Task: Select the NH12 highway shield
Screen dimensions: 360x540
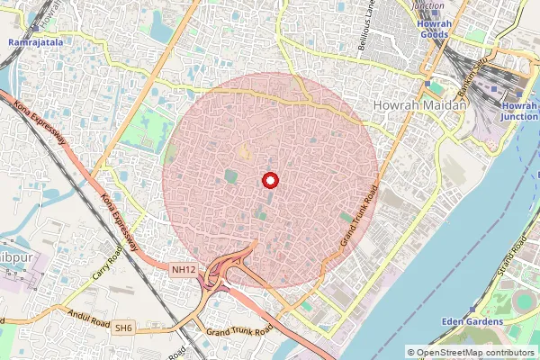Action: [x=183, y=269]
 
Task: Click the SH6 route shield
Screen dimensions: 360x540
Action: [x=122, y=329]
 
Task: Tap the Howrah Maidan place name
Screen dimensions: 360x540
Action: [x=419, y=106]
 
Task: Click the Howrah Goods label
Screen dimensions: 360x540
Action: [x=435, y=30]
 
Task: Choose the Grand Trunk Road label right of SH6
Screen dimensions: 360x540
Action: [x=238, y=332]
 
